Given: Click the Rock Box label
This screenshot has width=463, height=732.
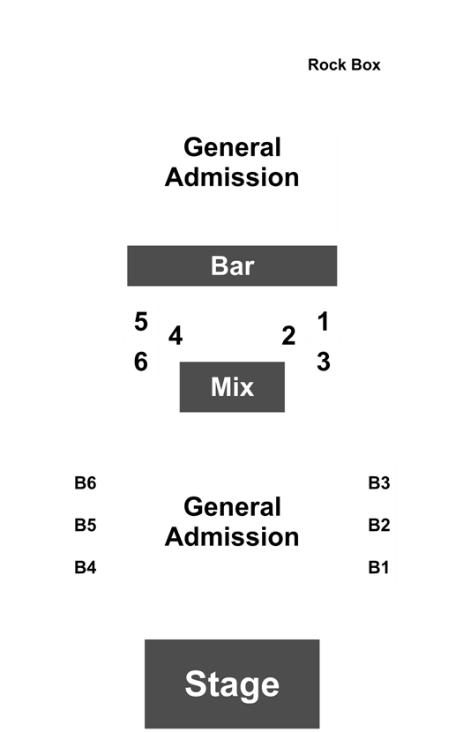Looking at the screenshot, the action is click(344, 64).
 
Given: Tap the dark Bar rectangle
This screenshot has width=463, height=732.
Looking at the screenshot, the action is click(232, 265).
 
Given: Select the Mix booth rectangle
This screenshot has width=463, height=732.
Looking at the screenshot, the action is click(232, 386).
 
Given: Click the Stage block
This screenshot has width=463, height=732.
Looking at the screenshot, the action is click(232, 683).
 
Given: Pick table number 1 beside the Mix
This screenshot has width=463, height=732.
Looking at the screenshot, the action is click(323, 322).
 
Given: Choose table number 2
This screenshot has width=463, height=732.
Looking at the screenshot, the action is click(288, 336).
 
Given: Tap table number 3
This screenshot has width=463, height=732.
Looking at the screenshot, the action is click(324, 362).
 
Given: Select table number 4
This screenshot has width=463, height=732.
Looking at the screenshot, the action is click(175, 336).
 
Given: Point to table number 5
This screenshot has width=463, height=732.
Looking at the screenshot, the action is click(141, 322).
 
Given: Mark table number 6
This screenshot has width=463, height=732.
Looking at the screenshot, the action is click(141, 362).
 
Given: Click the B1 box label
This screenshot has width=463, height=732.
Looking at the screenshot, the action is click(378, 567).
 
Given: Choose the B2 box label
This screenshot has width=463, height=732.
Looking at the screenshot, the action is click(379, 525).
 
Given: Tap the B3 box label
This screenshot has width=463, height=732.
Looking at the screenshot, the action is click(379, 482).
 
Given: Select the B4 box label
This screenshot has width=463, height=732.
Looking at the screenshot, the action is click(86, 567).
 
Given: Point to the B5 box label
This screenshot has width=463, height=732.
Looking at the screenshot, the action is click(86, 525).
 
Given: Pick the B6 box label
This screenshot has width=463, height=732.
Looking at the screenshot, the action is click(86, 482).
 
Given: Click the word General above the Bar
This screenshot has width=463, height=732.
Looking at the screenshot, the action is click(232, 147).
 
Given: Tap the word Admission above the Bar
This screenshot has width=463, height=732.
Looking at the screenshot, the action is click(232, 177).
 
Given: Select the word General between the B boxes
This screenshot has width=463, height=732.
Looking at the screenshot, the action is click(232, 507).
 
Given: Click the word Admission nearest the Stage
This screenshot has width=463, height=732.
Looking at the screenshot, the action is click(232, 537).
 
